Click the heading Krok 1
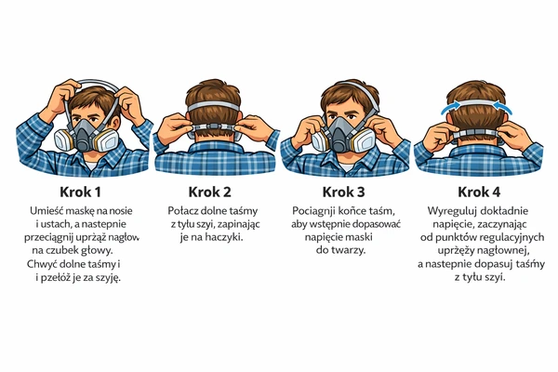(x=80, y=193)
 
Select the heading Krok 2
(x=209, y=193)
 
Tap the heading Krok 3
(x=343, y=193)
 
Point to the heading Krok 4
(x=479, y=193)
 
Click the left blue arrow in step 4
(x=449, y=107)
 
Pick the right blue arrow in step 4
(x=503, y=107)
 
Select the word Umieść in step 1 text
(x=43, y=211)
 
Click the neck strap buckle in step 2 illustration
(x=215, y=126)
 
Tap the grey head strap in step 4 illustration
(x=476, y=103)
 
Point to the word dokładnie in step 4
(x=504, y=211)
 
